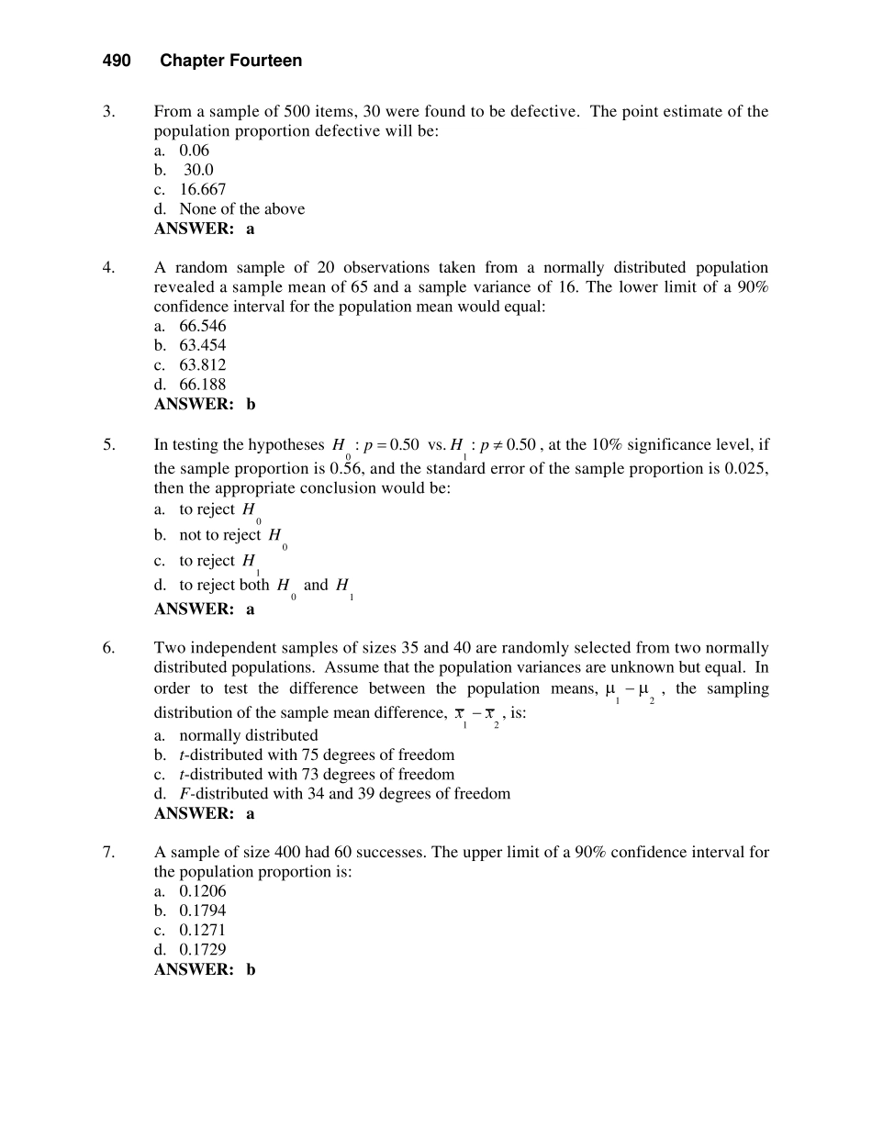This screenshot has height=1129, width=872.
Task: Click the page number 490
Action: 117,61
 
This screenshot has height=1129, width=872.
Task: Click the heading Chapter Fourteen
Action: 230,61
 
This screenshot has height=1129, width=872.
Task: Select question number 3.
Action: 108,112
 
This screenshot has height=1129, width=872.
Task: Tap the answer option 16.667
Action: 202,190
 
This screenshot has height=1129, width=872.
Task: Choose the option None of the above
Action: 241,209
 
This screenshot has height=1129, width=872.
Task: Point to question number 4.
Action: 108,268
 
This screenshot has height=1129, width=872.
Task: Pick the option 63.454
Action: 202,346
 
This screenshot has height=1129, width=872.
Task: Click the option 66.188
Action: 202,385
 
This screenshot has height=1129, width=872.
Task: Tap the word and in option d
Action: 315,585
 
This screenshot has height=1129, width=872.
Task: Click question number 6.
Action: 108,648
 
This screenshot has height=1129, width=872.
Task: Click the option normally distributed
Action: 248,735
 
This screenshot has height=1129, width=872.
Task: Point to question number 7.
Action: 108,852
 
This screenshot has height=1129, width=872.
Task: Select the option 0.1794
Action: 202,911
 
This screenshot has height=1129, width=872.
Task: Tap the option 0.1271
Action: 202,930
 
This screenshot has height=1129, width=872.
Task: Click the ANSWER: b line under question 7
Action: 205,969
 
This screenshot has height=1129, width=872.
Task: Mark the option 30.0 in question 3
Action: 198,171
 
